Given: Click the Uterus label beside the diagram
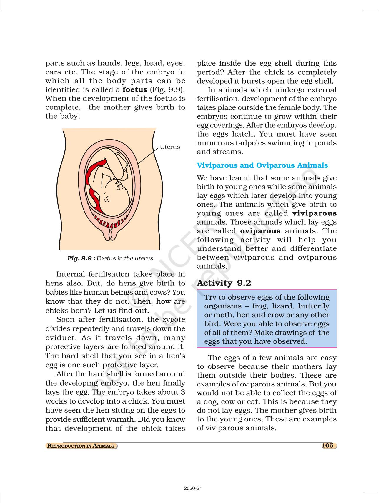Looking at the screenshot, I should coord(170,147).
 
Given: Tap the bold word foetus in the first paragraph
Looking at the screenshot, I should coord(135,89).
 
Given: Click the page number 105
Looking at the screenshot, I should coord(327,445).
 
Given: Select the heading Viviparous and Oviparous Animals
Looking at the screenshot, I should coord(262,165).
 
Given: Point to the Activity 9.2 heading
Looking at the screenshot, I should coord(224,283).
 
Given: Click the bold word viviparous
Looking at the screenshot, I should coord(315,213).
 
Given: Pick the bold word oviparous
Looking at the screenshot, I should coord(260,231).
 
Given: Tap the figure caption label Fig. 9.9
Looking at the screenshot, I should coord(81,258).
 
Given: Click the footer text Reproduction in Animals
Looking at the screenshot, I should coord(81,446).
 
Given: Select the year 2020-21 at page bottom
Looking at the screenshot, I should coord(193,488).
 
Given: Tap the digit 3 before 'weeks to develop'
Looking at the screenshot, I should coord(183,392).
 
